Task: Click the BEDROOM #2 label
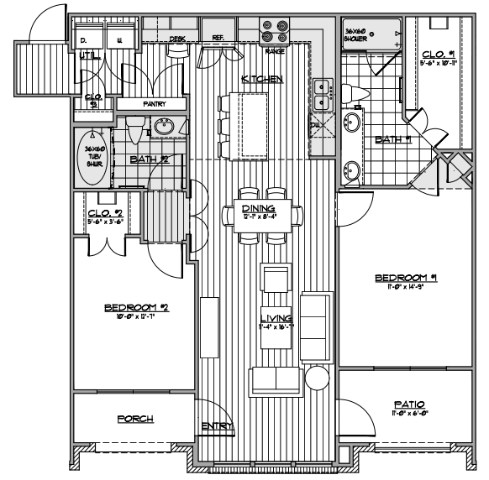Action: [136, 307]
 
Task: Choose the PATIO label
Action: [405, 404]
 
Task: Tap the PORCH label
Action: [135, 419]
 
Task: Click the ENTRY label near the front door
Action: [217, 427]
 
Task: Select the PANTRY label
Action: [154, 104]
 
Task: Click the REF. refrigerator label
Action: [218, 38]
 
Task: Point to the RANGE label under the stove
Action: [275, 52]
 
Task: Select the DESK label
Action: [177, 39]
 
